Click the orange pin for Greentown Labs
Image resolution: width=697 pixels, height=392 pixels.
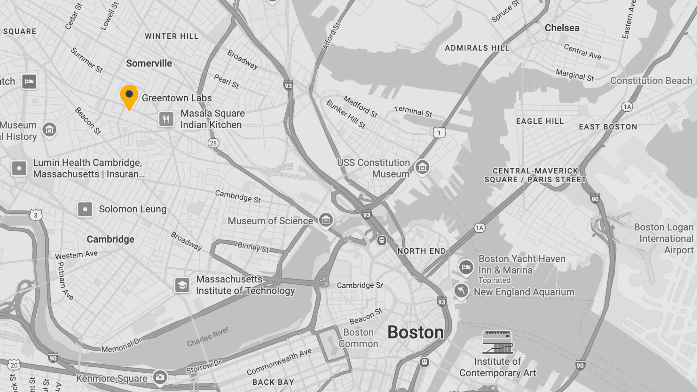point(129,95)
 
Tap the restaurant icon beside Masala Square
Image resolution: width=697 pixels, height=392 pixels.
point(166,119)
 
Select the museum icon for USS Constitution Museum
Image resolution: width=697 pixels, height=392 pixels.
point(422,167)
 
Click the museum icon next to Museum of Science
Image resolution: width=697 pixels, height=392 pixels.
point(326,220)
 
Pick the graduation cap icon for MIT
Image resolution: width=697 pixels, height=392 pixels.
point(182,285)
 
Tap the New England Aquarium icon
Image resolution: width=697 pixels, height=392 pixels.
point(461,291)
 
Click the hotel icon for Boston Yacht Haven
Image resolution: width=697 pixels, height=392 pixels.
point(466,268)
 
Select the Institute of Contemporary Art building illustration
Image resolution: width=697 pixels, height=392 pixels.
point(497,342)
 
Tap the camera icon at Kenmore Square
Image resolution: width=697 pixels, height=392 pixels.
point(160,377)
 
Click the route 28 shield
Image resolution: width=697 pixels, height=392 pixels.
point(213,143)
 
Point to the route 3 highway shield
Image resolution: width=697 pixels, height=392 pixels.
point(36,215)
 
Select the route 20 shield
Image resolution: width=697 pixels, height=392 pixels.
point(14,365)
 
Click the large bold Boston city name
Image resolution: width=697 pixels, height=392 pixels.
point(415,332)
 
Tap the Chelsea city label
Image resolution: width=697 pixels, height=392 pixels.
point(562,28)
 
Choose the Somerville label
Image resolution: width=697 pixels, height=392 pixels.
point(149,63)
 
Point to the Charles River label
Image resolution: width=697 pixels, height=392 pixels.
point(208,336)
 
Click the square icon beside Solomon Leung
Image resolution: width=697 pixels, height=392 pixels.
point(85,209)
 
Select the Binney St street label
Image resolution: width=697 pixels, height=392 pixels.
point(253,247)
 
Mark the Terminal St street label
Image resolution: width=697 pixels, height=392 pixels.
point(413,111)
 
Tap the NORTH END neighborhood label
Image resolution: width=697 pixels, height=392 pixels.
point(421,251)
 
